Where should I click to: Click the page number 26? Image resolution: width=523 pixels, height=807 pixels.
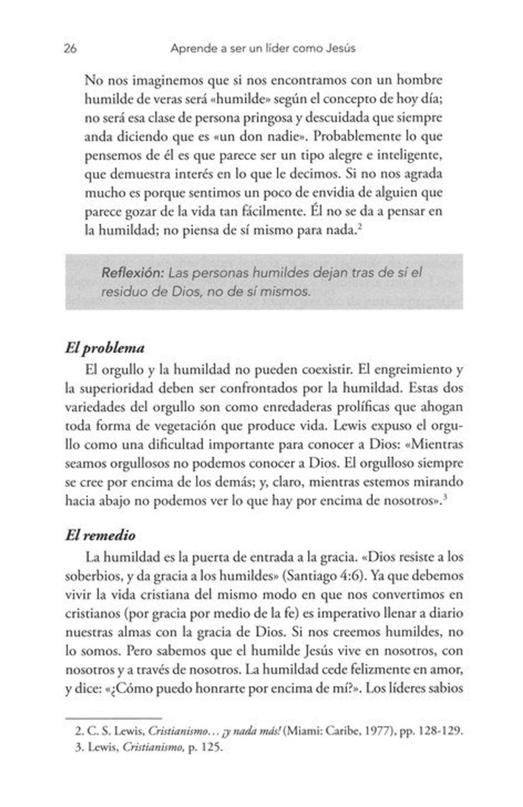tap(71, 48)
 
